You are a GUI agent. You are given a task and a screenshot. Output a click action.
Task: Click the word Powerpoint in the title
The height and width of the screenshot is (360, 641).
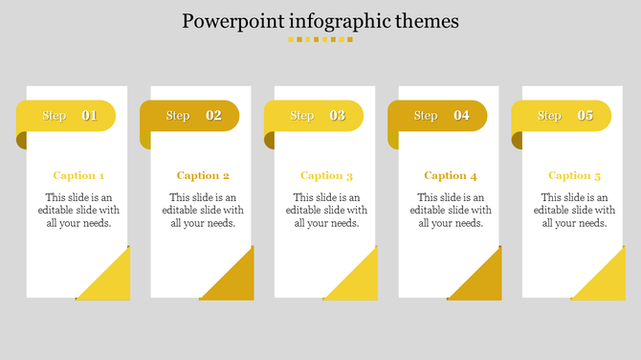[x=228, y=21]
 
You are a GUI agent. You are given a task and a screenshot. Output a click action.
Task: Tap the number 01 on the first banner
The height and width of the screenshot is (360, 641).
[x=89, y=116]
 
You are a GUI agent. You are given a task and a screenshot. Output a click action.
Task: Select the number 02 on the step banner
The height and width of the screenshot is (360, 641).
[x=213, y=116]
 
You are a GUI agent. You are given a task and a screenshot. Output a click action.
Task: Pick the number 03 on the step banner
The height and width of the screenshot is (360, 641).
[x=338, y=116]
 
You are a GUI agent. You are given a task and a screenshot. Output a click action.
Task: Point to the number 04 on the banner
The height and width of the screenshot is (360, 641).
[x=461, y=116]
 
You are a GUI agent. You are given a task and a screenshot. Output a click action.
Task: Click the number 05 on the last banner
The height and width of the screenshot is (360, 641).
[x=585, y=116]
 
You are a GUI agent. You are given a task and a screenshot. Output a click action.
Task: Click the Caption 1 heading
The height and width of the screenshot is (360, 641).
[x=78, y=175]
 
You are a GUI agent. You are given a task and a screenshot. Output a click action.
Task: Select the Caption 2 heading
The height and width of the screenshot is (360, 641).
[x=203, y=175]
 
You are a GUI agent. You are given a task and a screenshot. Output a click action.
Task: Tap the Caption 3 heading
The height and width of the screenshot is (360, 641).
[x=326, y=175]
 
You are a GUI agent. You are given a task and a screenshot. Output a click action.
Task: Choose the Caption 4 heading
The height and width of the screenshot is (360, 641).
[x=450, y=175]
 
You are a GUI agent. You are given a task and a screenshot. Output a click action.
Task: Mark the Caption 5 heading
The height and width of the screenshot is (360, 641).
[x=574, y=175]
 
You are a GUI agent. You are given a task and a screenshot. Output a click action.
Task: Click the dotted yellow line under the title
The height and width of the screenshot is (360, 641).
[x=320, y=40]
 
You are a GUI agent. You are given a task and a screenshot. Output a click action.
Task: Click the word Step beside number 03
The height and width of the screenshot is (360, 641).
[x=302, y=116]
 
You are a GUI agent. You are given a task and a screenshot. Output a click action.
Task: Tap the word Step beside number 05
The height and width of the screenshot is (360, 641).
[x=549, y=116]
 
